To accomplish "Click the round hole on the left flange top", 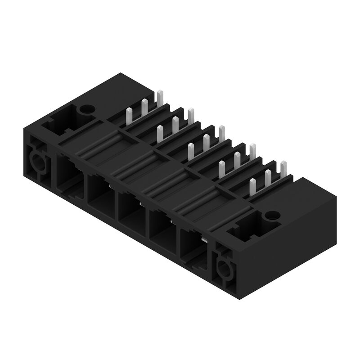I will (86, 109).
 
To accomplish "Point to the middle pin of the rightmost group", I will (268, 177).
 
